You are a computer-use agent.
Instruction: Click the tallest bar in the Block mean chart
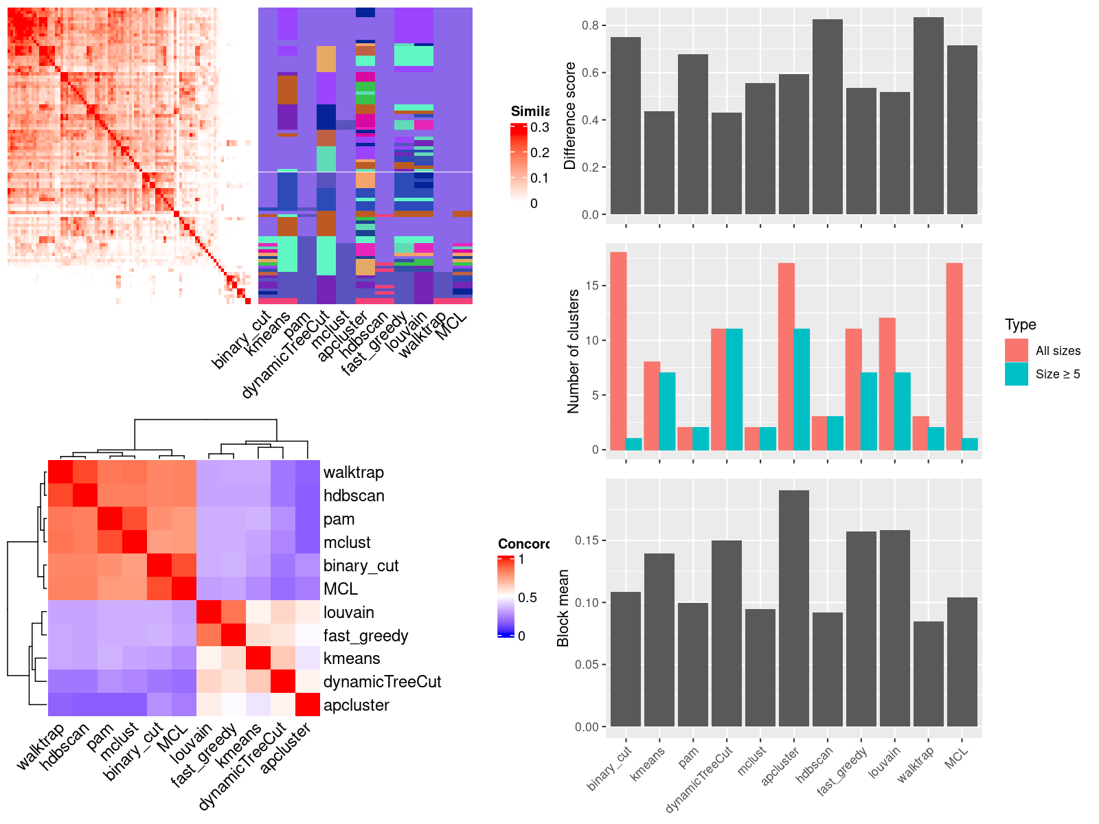(794, 608)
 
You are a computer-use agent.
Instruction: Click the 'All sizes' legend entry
(1058, 351)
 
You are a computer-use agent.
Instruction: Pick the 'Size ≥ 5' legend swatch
(1017, 374)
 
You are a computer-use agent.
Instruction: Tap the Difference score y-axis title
(569, 115)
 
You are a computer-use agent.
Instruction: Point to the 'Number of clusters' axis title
(573, 351)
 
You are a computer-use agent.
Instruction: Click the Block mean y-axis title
(563, 608)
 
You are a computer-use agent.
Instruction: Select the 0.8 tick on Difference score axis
(590, 25)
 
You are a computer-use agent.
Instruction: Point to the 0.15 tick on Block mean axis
(587, 540)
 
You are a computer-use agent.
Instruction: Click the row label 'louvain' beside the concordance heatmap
(349, 613)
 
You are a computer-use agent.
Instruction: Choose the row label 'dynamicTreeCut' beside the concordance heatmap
(382, 682)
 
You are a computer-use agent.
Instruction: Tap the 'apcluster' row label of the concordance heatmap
(356, 705)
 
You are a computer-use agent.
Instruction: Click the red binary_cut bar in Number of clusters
(618, 351)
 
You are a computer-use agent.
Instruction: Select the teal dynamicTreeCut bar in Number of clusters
(734, 389)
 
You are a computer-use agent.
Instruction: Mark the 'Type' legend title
(1020, 325)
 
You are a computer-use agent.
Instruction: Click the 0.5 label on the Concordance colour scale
(528, 597)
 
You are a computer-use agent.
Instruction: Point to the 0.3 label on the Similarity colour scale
(540, 128)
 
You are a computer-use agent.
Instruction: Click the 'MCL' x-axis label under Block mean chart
(957, 757)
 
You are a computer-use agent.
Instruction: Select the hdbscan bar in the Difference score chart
(828, 117)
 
